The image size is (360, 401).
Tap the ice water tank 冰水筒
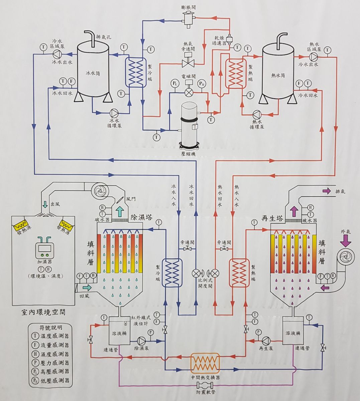pos(93,72)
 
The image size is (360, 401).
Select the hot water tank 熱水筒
pos(278,72)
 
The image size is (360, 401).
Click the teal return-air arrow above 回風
pos(87,287)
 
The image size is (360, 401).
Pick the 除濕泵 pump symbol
pos(141,341)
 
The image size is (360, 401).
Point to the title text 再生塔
pos(272,219)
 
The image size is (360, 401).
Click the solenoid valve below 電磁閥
pos(189,91)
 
